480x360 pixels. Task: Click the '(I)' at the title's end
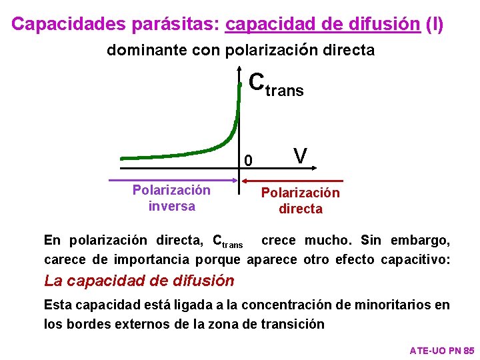pyautogui.click(x=434, y=24)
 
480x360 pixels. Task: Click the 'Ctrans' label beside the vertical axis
pyautogui.click(x=275, y=85)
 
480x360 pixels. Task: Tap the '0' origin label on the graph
pyautogui.click(x=248, y=161)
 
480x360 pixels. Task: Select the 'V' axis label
pyautogui.click(x=300, y=157)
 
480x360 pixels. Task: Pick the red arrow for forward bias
pyautogui.click(x=293, y=181)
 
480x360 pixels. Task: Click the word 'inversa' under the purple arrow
pyautogui.click(x=171, y=206)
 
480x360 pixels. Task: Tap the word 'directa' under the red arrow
pyautogui.click(x=300, y=209)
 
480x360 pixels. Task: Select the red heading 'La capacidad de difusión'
pyautogui.click(x=139, y=281)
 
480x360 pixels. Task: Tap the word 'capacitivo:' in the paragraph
pyautogui.click(x=415, y=259)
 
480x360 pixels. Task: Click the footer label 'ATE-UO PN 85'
pyautogui.click(x=441, y=350)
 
